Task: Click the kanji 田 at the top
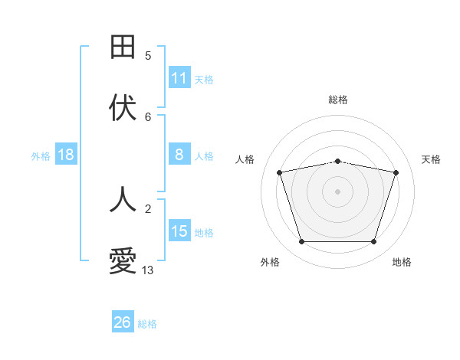pyautogui.click(x=123, y=47)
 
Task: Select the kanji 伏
pyautogui.click(x=123, y=108)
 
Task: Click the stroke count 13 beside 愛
pyautogui.click(x=148, y=270)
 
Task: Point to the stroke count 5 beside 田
pyautogui.click(x=148, y=55)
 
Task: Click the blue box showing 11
pyautogui.click(x=179, y=78)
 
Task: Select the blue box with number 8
pyautogui.click(x=179, y=155)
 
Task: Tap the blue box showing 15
pyautogui.click(x=179, y=231)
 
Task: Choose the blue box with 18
pyautogui.click(x=66, y=155)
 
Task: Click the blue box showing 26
pyautogui.click(x=123, y=322)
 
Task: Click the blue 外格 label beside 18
pyautogui.click(x=41, y=155)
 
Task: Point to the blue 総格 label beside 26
pyautogui.click(x=147, y=323)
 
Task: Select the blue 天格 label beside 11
pyautogui.click(x=204, y=79)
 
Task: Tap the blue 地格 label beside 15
pyautogui.click(x=204, y=232)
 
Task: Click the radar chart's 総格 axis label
pyautogui.click(x=338, y=100)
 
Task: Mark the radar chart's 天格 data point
pyautogui.click(x=396, y=172)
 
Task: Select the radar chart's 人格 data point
pyautogui.click(x=280, y=172)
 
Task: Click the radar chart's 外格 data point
pyautogui.click(x=301, y=242)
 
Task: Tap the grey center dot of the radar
pyautogui.click(x=338, y=191)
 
